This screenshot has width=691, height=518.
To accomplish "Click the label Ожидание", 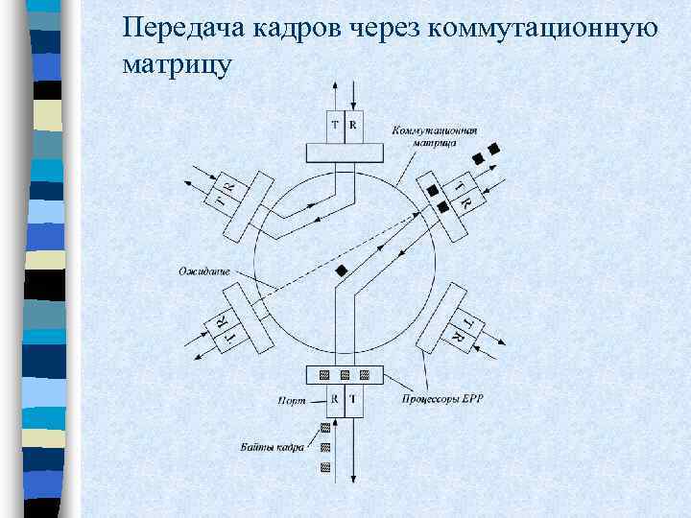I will [203, 271].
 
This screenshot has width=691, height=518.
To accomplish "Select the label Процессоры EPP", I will [436, 398].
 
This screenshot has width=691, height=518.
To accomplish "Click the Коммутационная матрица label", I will [435, 135].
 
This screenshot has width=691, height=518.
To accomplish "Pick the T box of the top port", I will [335, 125].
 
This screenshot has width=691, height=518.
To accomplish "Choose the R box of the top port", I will [352, 125].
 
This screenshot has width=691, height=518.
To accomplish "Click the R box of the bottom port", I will [335, 398].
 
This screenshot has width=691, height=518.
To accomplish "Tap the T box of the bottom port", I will [352, 398].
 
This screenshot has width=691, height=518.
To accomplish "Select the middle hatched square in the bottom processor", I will [344, 374].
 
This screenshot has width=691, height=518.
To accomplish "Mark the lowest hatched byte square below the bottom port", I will [324, 467].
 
